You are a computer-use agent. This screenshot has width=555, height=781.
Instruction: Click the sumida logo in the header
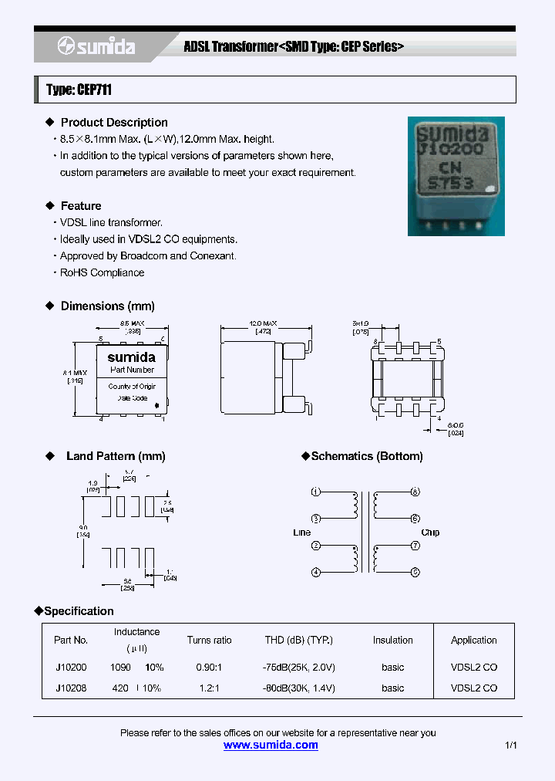[x=96, y=47]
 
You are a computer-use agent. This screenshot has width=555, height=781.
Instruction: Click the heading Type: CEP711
[x=79, y=90]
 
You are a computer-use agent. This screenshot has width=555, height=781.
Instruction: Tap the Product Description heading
[x=113, y=123]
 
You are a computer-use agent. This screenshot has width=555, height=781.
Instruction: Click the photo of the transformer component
[x=456, y=176]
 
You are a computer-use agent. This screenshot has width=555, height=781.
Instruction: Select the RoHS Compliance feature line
[x=102, y=272]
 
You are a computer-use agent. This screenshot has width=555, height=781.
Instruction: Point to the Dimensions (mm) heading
[x=107, y=306]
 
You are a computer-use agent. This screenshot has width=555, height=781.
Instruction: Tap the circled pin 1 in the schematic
[x=315, y=492]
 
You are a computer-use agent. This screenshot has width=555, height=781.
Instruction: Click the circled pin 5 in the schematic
[x=415, y=572]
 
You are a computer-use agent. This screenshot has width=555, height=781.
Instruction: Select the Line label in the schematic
[x=301, y=532]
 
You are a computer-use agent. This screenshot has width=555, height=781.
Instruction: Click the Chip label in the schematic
[x=430, y=532]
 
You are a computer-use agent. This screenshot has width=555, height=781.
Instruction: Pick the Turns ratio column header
[x=209, y=640]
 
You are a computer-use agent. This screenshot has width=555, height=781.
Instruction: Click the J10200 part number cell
[x=71, y=667]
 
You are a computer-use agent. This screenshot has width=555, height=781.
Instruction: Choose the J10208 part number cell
[x=71, y=688]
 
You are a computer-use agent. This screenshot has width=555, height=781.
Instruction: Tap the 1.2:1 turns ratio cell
[x=209, y=688]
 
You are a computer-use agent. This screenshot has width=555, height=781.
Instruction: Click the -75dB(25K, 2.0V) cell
[x=298, y=667]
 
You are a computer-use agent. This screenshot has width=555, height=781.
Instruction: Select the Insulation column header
[x=393, y=640]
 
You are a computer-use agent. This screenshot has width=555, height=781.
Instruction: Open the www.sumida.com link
[x=271, y=745]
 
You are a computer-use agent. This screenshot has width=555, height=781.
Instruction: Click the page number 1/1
[x=511, y=745]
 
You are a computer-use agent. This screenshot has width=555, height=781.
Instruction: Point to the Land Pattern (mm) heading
[x=116, y=456]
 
